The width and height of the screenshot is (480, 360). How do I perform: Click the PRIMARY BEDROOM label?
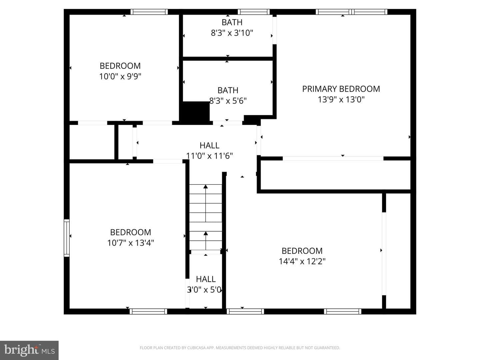(341, 89)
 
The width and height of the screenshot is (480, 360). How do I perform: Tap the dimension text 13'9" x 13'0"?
(341, 100)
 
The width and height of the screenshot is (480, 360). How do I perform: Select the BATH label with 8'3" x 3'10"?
(232, 22)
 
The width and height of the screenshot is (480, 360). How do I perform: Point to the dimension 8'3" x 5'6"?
(228, 101)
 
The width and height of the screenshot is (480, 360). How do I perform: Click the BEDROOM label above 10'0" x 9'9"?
(120, 66)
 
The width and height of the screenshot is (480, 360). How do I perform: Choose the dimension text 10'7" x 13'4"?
(131, 243)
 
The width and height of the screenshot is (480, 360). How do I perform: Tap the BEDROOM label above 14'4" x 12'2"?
(302, 251)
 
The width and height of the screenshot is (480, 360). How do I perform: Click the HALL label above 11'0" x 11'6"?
(209, 145)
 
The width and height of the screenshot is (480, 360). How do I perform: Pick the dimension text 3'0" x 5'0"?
(204, 290)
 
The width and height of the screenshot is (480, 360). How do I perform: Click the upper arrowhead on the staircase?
(206, 186)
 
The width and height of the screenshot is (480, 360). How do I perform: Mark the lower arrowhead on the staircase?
(206, 233)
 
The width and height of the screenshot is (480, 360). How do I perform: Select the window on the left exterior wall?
(67, 238)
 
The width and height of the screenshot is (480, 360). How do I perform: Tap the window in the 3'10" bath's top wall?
(254, 12)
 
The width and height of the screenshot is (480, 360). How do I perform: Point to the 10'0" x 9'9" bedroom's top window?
(149, 12)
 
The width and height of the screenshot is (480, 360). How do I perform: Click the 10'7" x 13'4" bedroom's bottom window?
(148, 311)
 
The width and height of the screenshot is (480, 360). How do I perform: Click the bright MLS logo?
(29, 350)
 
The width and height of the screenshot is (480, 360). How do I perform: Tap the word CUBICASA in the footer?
(196, 348)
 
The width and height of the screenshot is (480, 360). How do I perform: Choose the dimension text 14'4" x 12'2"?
(302, 261)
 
